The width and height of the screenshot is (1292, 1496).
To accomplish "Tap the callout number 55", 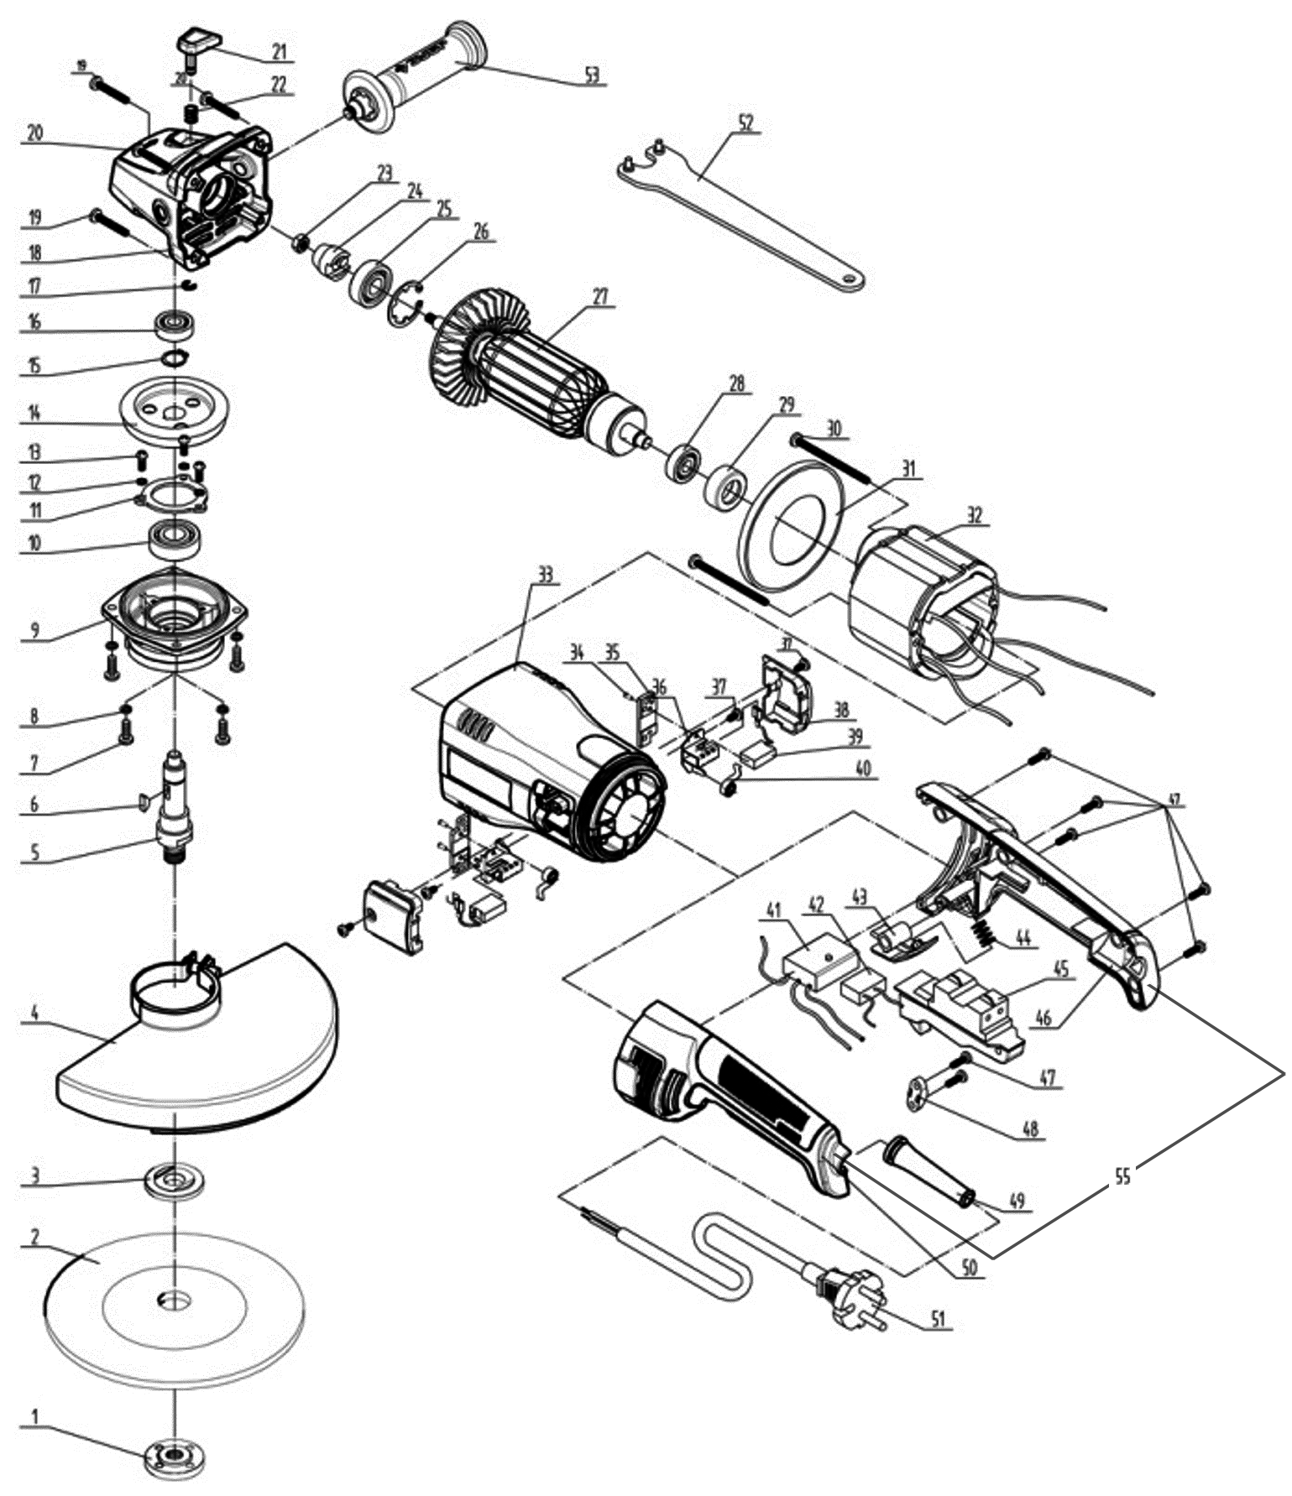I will click(x=1122, y=1176).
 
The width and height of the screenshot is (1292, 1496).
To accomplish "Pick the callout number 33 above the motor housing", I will click(x=546, y=576).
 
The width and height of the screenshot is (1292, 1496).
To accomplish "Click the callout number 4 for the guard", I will click(x=34, y=1014).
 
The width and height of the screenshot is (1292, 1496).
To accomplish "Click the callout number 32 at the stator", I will click(x=974, y=515).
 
